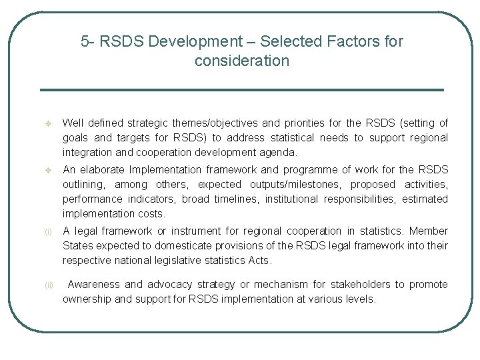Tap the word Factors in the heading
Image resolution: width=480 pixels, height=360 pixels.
pyautogui.click(x=353, y=41)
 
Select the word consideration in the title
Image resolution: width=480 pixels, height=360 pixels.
pyautogui.click(x=242, y=61)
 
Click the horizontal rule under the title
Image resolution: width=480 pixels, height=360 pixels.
pyautogui.click(x=241, y=90)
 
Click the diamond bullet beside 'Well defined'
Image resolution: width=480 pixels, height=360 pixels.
pyautogui.click(x=47, y=123)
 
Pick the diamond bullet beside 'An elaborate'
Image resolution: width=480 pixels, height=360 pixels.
pyautogui.click(x=47, y=170)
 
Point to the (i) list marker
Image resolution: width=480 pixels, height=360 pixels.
pyautogui.click(x=47, y=232)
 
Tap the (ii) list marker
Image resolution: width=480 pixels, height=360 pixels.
pyautogui.click(x=48, y=285)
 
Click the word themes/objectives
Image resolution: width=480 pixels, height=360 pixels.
pyautogui.click(x=215, y=123)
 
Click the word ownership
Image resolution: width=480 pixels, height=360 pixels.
pyautogui.click(x=87, y=299)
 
